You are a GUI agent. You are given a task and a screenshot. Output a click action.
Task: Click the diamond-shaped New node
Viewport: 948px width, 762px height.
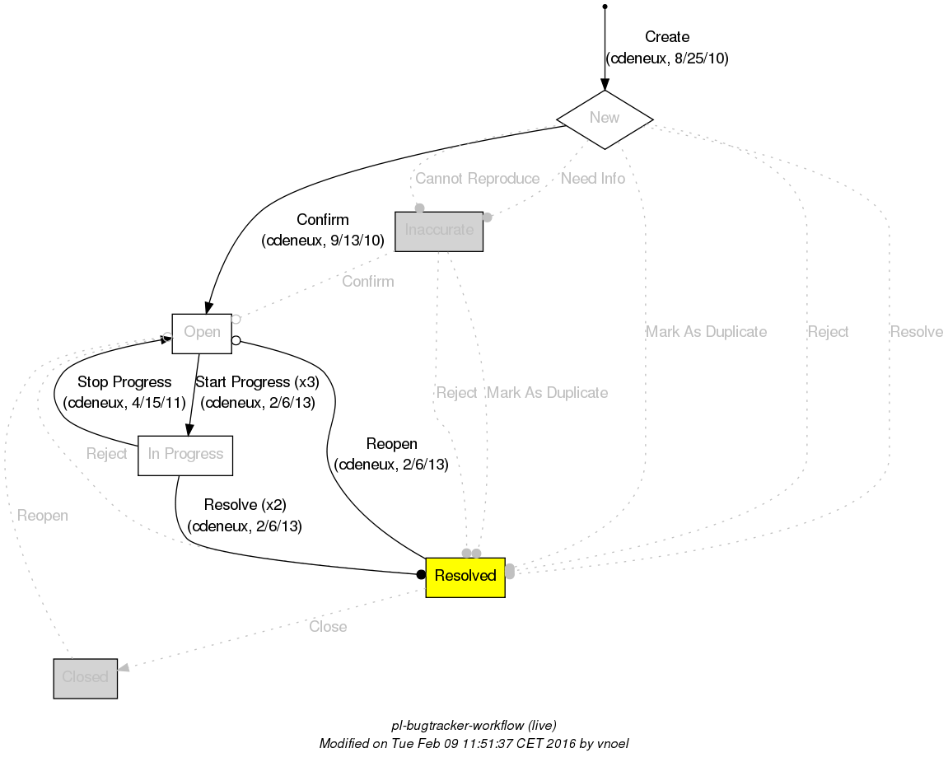(x=605, y=119)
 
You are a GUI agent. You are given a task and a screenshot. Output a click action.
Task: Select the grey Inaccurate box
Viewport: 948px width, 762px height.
(x=439, y=231)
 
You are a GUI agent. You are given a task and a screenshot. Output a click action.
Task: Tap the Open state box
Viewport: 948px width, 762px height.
(x=202, y=333)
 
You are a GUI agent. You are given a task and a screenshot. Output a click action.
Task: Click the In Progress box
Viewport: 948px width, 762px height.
(x=185, y=455)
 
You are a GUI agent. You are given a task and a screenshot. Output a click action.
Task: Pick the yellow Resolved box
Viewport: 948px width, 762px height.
(x=465, y=577)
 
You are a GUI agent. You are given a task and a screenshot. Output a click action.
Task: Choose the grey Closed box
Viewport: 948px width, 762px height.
(x=86, y=678)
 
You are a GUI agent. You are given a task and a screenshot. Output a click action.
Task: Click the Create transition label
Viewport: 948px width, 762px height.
(x=667, y=37)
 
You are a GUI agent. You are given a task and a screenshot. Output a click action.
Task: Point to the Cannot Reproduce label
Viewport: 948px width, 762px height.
(x=478, y=179)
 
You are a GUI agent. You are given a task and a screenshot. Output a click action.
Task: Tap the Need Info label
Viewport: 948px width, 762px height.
(x=593, y=179)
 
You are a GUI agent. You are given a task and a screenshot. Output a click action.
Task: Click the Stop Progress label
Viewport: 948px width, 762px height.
(x=124, y=382)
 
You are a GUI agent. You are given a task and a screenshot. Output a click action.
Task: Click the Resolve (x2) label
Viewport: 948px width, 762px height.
(x=245, y=505)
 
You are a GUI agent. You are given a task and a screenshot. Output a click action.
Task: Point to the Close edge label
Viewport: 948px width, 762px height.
(x=328, y=627)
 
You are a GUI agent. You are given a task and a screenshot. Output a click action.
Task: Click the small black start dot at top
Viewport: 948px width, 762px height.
(x=605, y=7)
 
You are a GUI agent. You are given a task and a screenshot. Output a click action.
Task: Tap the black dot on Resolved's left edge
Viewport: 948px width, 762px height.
(x=421, y=574)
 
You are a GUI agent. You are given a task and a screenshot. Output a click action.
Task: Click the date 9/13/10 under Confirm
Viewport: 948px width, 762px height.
(x=359, y=241)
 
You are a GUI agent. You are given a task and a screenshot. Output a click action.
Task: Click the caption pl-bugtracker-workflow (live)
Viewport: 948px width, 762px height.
(x=474, y=726)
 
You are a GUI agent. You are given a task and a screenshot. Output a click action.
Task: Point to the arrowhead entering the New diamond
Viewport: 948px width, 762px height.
(x=605, y=83)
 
